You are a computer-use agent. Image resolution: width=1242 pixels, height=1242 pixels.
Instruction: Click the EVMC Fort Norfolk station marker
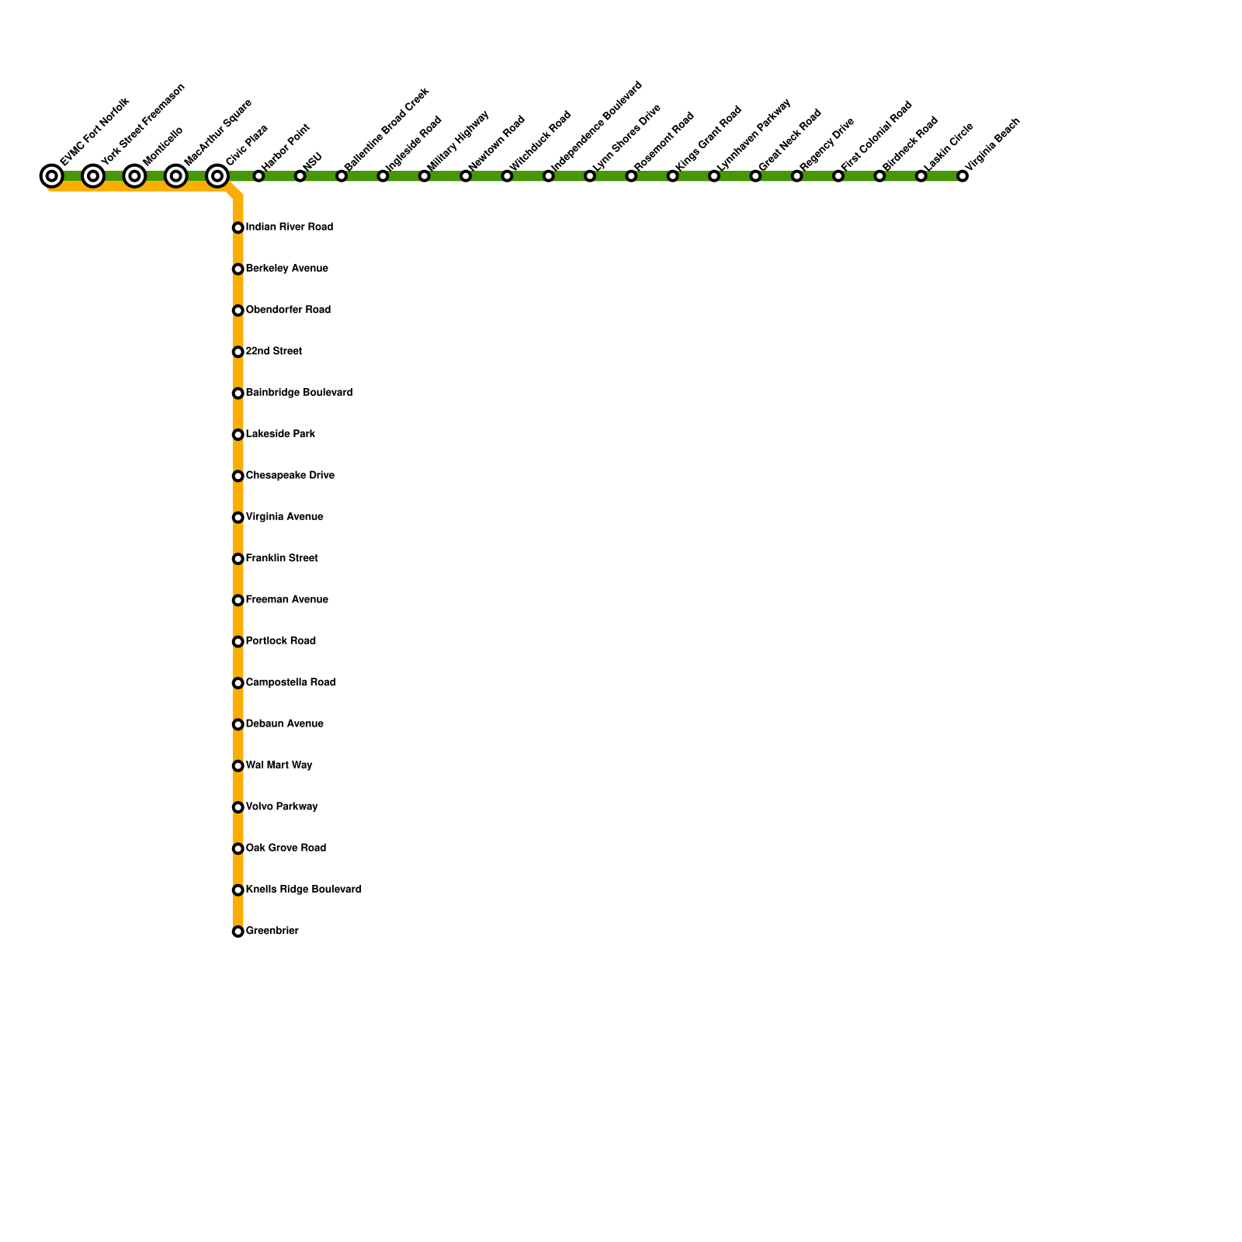tap(52, 176)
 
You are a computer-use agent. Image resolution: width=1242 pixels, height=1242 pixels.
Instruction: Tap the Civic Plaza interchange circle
tap(217, 176)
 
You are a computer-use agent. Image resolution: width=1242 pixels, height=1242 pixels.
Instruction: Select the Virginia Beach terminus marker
tap(963, 176)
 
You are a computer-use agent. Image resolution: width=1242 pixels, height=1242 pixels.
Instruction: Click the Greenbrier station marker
tap(238, 931)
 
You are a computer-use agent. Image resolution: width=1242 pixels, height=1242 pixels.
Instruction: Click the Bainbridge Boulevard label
tap(299, 393)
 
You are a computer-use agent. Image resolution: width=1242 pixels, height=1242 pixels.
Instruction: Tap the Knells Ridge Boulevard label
tap(304, 890)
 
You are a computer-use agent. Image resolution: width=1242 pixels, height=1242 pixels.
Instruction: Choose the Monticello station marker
tap(134, 176)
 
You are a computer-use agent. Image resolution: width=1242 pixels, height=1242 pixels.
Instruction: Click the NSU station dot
tap(300, 176)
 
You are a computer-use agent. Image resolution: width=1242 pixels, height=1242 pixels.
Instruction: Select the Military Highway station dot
tap(425, 176)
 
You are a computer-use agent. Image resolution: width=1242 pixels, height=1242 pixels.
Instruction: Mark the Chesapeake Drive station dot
tap(238, 476)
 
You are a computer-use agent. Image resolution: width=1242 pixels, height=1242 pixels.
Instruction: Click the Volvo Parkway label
tap(282, 807)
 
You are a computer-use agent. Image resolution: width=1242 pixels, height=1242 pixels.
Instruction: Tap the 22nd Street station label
tap(273, 352)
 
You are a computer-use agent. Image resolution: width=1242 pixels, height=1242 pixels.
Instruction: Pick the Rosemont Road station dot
tap(631, 176)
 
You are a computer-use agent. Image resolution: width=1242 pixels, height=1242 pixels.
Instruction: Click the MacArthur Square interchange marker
tap(176, 176)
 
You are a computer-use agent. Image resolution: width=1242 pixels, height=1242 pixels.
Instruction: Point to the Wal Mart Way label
tap(279, 765)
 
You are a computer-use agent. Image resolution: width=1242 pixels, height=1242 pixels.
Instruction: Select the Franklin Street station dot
tap(238, 559)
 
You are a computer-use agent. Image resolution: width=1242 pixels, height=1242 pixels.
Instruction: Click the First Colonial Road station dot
tap(838, 176)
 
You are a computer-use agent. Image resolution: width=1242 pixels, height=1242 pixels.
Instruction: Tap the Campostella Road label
tap(290, 683)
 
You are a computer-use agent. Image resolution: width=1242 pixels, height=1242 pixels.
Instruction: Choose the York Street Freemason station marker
tap(93, 176)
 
